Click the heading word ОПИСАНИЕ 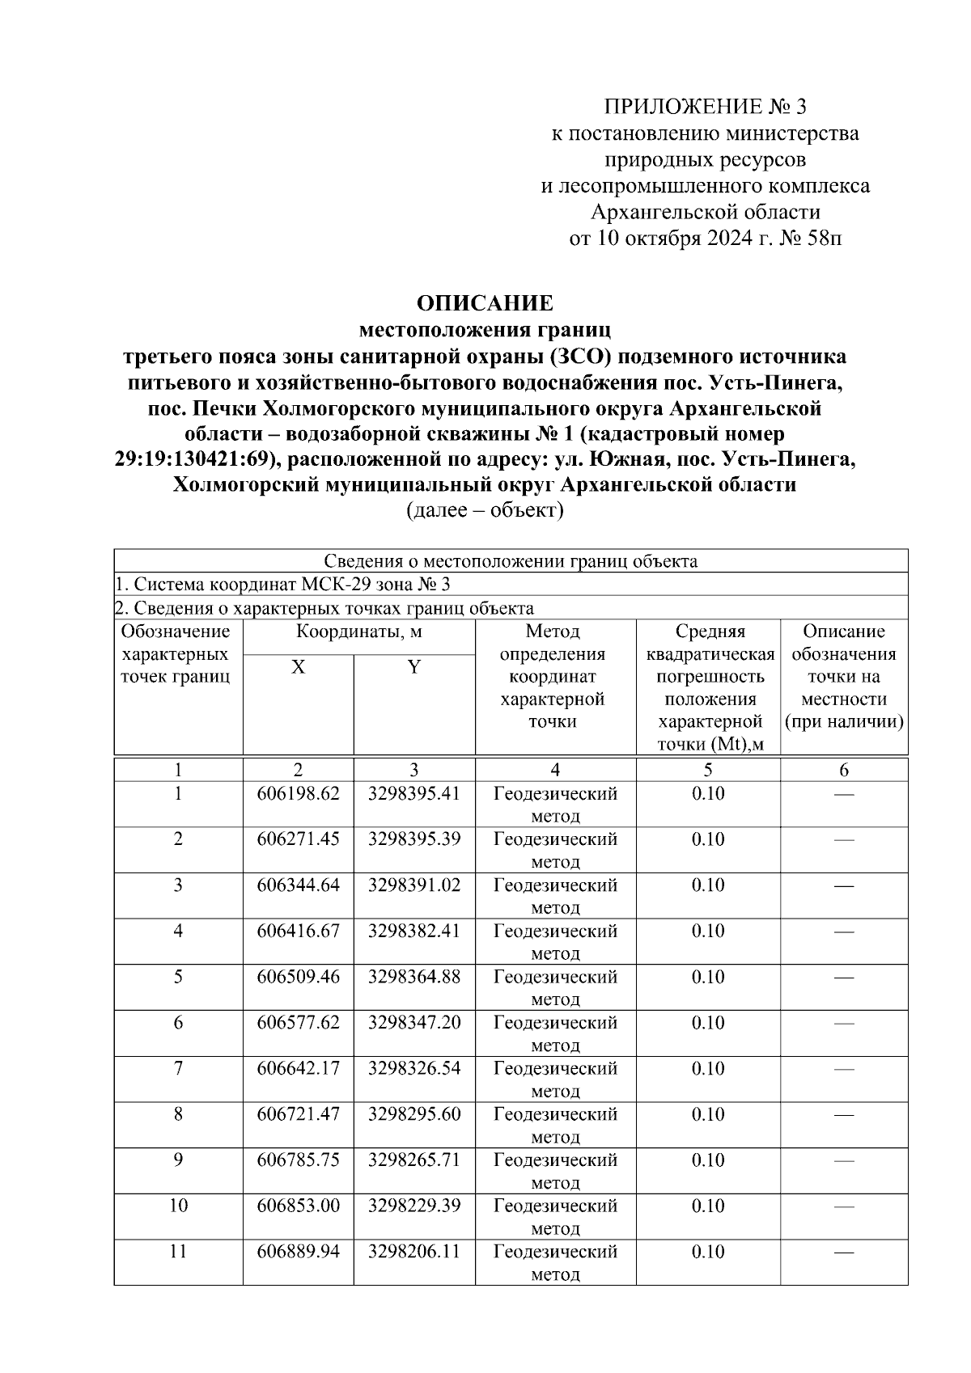485,303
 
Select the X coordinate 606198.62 298,793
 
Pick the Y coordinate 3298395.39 413,839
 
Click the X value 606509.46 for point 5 298,977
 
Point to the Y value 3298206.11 413,1252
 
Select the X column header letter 298,667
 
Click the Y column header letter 413,667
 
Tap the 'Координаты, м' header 358,632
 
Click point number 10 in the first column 178,1206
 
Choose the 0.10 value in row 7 708,1068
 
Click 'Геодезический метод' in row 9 555,1171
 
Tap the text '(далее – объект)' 485,510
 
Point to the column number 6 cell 844,770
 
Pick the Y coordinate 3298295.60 413,1114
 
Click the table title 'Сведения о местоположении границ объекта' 511,561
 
